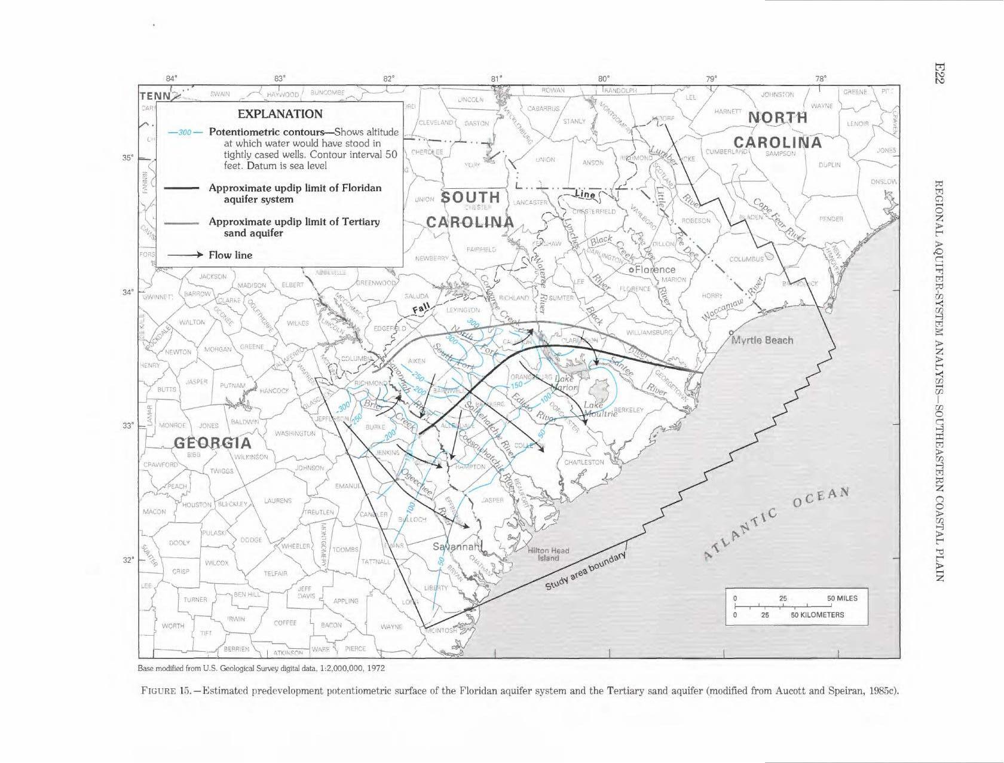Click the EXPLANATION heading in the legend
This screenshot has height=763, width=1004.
pos(280,114)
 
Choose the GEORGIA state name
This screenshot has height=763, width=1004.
pos(213,443)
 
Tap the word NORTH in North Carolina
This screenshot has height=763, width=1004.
pos(778,118)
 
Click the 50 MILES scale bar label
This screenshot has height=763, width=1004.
pos(842,598)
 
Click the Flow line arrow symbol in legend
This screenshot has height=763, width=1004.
pos(183,255)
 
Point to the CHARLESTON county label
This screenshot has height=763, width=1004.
pos(584,462)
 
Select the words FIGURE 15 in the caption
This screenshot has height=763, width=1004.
pos(165,692)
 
